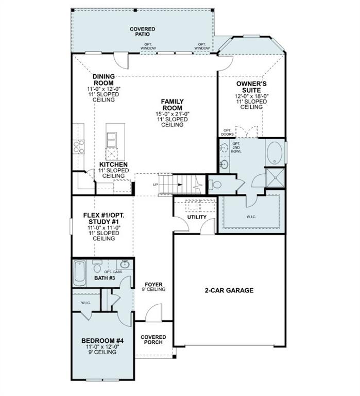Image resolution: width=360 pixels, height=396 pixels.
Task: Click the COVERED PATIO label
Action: pos(143,31)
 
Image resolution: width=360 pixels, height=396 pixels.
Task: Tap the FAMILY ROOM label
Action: pos(173,105)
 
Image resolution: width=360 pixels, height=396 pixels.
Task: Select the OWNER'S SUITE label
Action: pos(251,87)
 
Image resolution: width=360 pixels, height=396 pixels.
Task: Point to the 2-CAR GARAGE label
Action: pos(229,290)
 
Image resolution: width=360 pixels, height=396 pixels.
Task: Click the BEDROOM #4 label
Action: pos(102,341)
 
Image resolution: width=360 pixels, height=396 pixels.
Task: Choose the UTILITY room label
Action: pos(197,217)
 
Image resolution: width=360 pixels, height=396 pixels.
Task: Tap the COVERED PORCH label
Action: pos(153,340)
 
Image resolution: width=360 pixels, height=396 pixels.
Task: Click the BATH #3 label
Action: pos(105,278)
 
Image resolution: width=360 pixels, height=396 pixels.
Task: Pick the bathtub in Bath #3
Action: pos(79,273)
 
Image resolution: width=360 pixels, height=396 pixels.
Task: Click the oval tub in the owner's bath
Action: pos(274,153)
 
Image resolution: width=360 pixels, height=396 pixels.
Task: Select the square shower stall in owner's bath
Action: pos(275,177)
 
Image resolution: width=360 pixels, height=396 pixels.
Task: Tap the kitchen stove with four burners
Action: pos(78,147)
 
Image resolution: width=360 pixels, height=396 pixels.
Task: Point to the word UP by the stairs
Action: pos(156,185)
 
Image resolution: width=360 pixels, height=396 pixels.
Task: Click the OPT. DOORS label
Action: pos(227,133)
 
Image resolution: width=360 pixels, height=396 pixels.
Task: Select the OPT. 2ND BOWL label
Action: pos(236,147)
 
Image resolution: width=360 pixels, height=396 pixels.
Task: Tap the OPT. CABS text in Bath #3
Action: pos(113,272)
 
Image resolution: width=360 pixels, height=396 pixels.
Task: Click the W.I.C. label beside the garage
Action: pos(251,217)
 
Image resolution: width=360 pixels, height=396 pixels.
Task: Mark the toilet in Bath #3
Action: pos(97,266)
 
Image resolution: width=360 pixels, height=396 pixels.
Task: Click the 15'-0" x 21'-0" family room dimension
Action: pos(173,114)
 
